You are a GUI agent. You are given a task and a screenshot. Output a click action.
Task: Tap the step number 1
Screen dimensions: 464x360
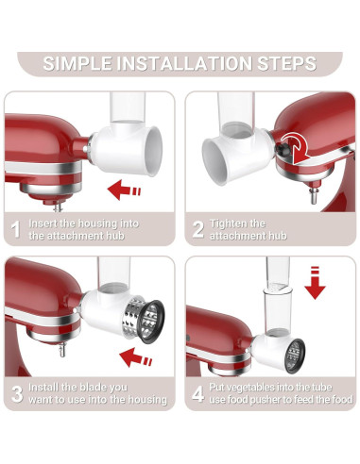[15, 228]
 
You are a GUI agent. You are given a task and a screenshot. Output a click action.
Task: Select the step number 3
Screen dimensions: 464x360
[15, 392]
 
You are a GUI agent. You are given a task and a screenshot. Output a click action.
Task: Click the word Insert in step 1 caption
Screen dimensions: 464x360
[43, 222]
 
